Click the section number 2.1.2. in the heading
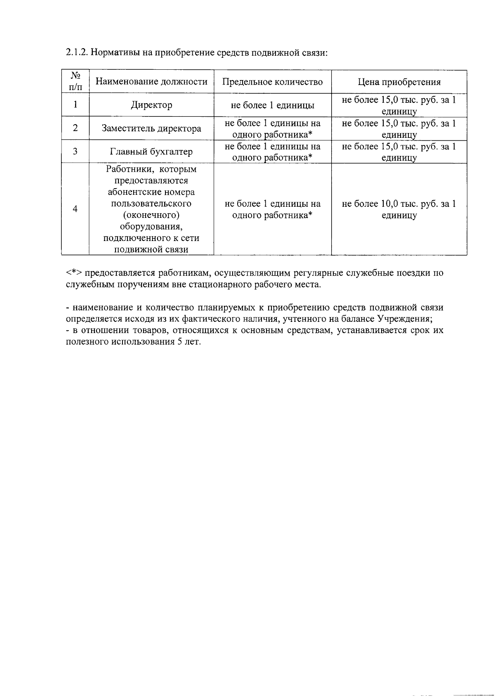coord(77,53)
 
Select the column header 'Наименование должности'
coord(151,82)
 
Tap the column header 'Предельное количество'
coord(272,82)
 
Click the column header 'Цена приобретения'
coord(399,82)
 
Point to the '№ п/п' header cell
coord(75,82)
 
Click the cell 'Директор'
coord(151,105)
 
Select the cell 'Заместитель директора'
coord(151,128)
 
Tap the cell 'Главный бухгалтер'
coord(151,152)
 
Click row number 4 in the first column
coord(75,209)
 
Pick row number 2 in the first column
coord(75,128)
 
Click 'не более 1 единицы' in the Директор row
coord(272,105)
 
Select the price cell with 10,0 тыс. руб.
coord(399,209)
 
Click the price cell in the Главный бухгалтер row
coord(399,152)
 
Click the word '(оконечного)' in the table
coord(151,215)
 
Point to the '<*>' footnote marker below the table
coord(74,273)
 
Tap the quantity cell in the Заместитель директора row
coord(272,128)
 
